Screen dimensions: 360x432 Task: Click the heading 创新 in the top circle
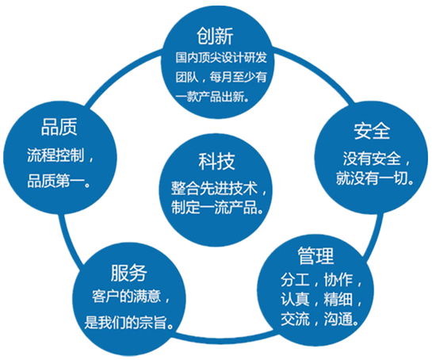pos(216,36)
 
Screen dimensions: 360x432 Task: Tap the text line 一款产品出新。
pos(216,98)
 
